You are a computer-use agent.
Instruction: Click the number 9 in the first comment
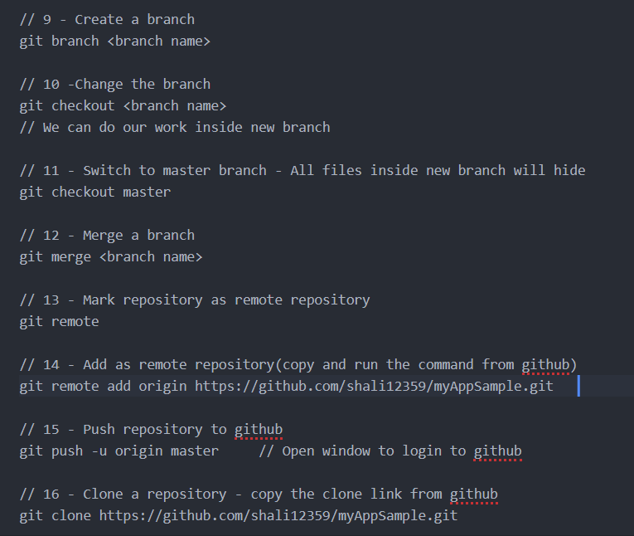[x=47, y=19]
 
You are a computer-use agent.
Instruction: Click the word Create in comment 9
[x=99, y=19]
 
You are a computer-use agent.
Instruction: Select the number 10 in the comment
[x=51, y=84]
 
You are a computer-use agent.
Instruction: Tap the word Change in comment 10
[x=99, y=84]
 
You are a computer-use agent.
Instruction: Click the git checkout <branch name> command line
[x=123, y=105]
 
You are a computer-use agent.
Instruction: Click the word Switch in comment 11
[x=107, y=170]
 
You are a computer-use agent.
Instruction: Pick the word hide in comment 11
[x=569, y=170]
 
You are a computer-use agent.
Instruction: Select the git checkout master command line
[x=94, y=192]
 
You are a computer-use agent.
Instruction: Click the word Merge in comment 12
[x=103, y=235]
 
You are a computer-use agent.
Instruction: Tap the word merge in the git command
[x=71, y=256]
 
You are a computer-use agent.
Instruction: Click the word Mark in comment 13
[x=99, y=300]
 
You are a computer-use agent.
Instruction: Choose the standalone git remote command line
[x=59, y=321]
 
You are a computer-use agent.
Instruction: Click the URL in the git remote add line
[x=374, y=386]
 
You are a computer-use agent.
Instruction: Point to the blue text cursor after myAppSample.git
[x=578, y=386]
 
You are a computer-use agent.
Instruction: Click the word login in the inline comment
[x=422, y=451]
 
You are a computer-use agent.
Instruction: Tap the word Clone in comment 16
[x=103, y=494]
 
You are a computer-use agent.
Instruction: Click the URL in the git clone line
[x=278, y=515]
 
